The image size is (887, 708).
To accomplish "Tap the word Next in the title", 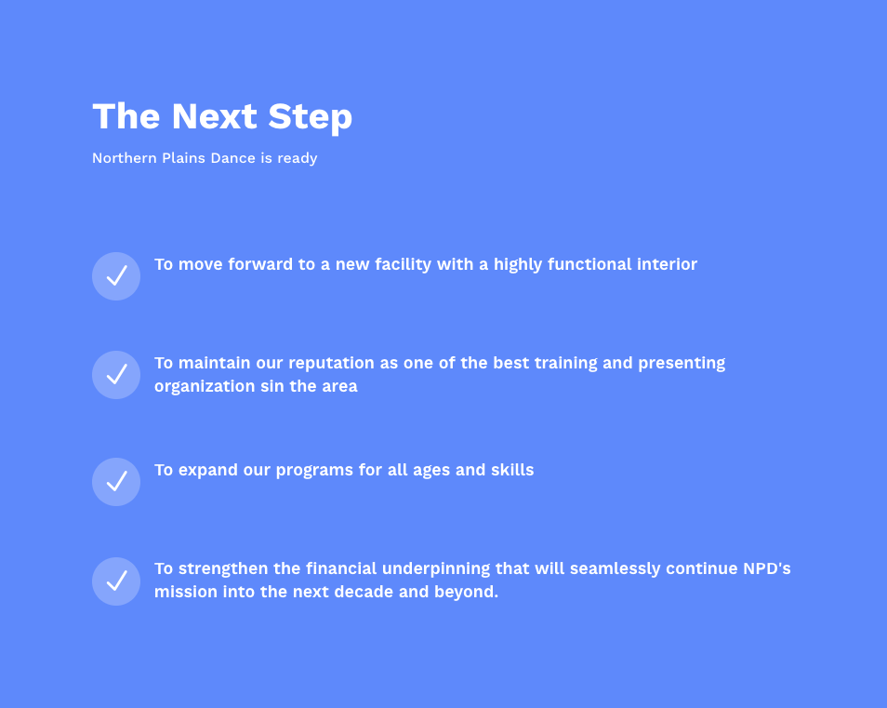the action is [215, 116].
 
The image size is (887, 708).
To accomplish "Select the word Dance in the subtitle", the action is [233, 158].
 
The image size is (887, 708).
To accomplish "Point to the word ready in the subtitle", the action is [297, 158].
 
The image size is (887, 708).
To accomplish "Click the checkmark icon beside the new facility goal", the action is [116, 276].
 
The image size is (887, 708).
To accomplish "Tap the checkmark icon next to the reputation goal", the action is [116, 375].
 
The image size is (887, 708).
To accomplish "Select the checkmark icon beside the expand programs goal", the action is [116, 482].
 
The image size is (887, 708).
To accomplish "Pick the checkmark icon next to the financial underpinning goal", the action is [116, 581].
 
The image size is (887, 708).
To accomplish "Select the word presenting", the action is [682, 364].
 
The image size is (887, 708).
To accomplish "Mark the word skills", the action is [512, 470].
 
